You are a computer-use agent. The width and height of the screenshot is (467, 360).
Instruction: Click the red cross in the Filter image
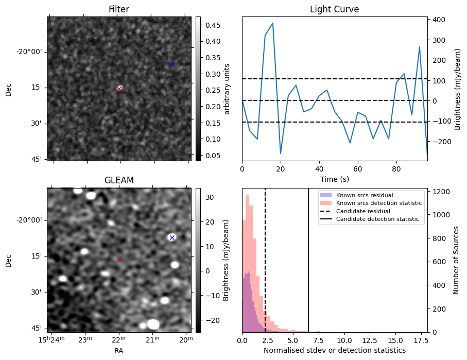[119, 89]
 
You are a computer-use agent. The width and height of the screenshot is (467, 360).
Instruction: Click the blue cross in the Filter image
[171, 64]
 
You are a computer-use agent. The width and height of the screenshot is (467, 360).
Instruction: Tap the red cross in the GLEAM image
[119, 261]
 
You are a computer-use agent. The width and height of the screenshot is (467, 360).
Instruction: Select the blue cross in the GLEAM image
[172, 237]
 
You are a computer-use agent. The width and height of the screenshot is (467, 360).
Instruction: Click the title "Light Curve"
[334, 10]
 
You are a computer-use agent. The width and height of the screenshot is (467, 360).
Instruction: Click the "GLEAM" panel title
[119, 180]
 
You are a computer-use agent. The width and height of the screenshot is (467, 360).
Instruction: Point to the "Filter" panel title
[119, 10]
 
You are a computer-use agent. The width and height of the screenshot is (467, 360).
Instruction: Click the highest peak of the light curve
[272, 23]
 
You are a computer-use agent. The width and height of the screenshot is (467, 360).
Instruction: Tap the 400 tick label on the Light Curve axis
[439, 20]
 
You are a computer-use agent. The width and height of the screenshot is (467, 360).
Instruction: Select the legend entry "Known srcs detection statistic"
[379, 203]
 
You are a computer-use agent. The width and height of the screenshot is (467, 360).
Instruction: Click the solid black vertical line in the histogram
[308, 268]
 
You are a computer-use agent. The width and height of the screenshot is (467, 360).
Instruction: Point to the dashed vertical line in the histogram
[265, 268]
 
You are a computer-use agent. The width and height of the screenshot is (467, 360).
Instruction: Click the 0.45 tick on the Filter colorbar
[209, 25]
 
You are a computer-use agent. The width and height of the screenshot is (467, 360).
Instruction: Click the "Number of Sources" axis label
[456, 260]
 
